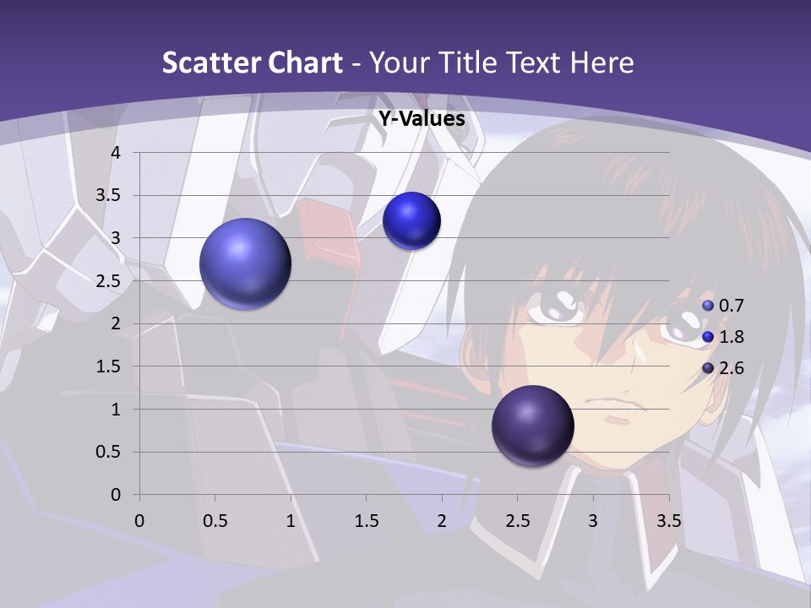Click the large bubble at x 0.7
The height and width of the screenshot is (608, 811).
[x=246, y=263]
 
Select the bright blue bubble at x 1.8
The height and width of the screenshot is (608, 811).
[x=411, y=221]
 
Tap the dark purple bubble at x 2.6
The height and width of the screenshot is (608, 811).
[x=533, y=426]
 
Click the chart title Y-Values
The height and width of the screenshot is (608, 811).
[x=422, y=119]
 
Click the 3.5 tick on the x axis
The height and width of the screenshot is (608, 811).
[x=669, y=521]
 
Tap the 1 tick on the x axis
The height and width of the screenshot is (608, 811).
[x=291, y=521]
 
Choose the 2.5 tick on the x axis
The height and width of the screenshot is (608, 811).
[x=517, y=521]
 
